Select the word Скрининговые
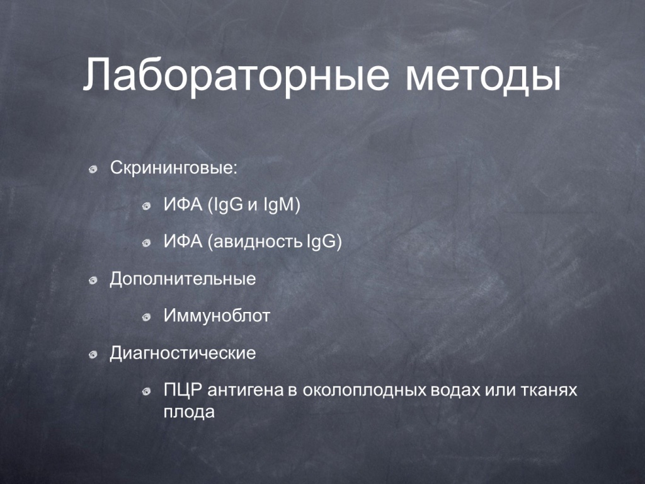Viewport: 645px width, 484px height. tap(174, 168)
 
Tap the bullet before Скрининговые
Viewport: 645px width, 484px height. tap(93, 169)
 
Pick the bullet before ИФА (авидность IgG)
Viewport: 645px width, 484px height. tap(146, 243)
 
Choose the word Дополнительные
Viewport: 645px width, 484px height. tap(183, 279)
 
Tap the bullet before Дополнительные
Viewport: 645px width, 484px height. tap(93, 280)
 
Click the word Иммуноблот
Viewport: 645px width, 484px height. tap(217, 316)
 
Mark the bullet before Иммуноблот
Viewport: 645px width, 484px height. tap(146, 318)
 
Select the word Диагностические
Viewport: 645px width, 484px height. tap(183, 354)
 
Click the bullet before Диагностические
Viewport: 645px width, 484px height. tap(93, 354)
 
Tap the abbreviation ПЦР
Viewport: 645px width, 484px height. tap(183, 389)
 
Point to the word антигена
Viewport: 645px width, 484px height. tap(246, 390)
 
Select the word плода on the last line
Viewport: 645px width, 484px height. tap(189, 412)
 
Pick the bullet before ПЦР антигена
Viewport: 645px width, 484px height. tap(146, 391)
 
